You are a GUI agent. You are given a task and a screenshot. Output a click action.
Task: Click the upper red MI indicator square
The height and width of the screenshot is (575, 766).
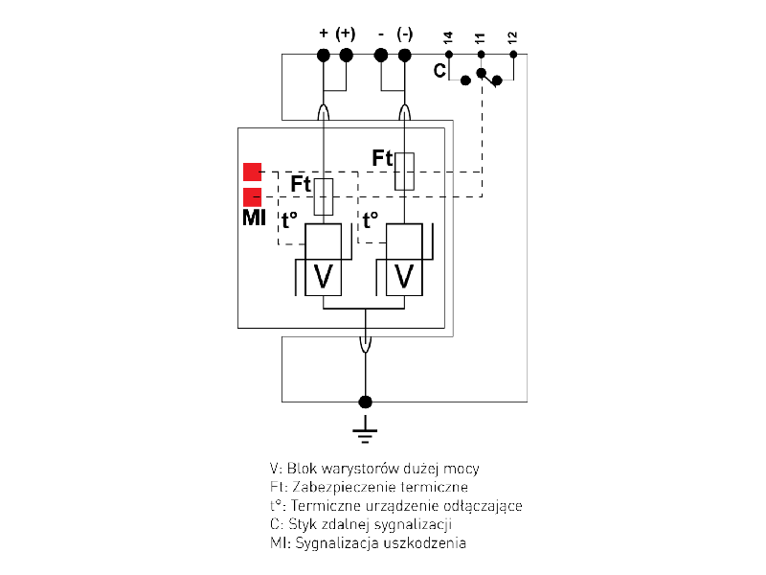coord(253,172)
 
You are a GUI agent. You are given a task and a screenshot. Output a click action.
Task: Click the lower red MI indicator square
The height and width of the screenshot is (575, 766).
coord(253,196)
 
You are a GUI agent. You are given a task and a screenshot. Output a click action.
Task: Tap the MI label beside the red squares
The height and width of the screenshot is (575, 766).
coord(253,220)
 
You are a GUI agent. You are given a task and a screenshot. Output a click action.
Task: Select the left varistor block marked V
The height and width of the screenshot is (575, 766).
coord(324,276)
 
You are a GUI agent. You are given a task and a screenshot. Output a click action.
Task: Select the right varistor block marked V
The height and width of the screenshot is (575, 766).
coord(404,276)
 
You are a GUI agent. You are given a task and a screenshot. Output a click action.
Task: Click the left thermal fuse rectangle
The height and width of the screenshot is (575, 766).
coord(324,196)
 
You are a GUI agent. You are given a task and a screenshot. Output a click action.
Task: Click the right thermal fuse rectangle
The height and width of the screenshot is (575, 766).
coord(404,171)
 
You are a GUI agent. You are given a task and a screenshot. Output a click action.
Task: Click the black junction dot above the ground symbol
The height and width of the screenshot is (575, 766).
coord(364,402)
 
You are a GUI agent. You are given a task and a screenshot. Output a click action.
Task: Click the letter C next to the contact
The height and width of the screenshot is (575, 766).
coord(439,71)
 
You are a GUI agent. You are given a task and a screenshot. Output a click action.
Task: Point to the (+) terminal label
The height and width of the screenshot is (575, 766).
coord(346,33)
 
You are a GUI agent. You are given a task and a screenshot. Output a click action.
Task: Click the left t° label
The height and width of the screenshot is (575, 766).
coord(290,220)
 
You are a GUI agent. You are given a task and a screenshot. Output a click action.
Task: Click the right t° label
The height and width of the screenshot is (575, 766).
coord(371,220)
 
